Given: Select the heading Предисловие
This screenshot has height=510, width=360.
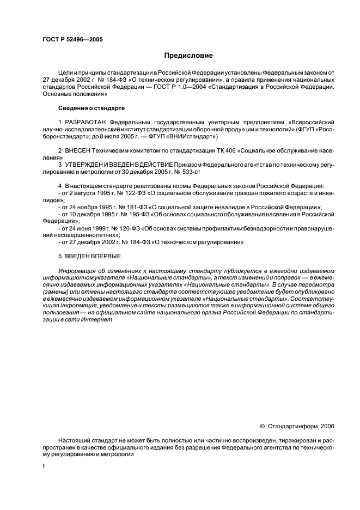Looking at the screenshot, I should pyautogui.click(x=188, y=55).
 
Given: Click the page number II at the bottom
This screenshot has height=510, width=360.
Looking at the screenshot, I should pyautogui.click(x=44, y=466).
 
